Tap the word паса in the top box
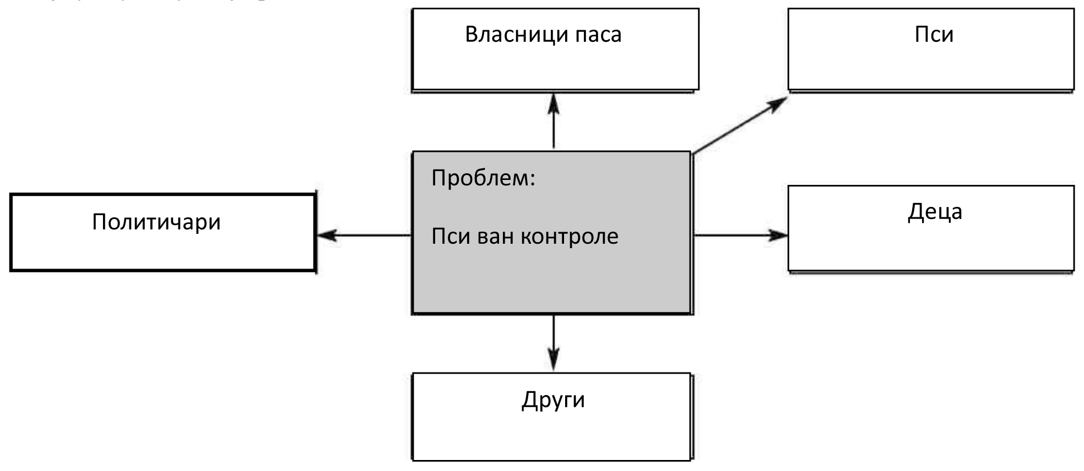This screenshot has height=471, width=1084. (598, 35)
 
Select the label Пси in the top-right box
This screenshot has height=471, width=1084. (934, 35)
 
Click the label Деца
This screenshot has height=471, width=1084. (935, 212)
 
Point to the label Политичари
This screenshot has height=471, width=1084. (156, 222)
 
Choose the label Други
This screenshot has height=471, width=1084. (553, 400)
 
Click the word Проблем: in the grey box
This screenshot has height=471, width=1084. (483, 178)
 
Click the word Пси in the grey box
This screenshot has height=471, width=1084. (451, 237)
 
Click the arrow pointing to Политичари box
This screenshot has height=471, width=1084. (365, 235)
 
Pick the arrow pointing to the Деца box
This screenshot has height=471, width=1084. (740, 235)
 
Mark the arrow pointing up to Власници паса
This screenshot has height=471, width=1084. (554, 121)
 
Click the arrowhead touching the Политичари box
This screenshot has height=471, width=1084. (326, 235)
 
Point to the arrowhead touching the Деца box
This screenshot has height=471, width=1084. (779, 235)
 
